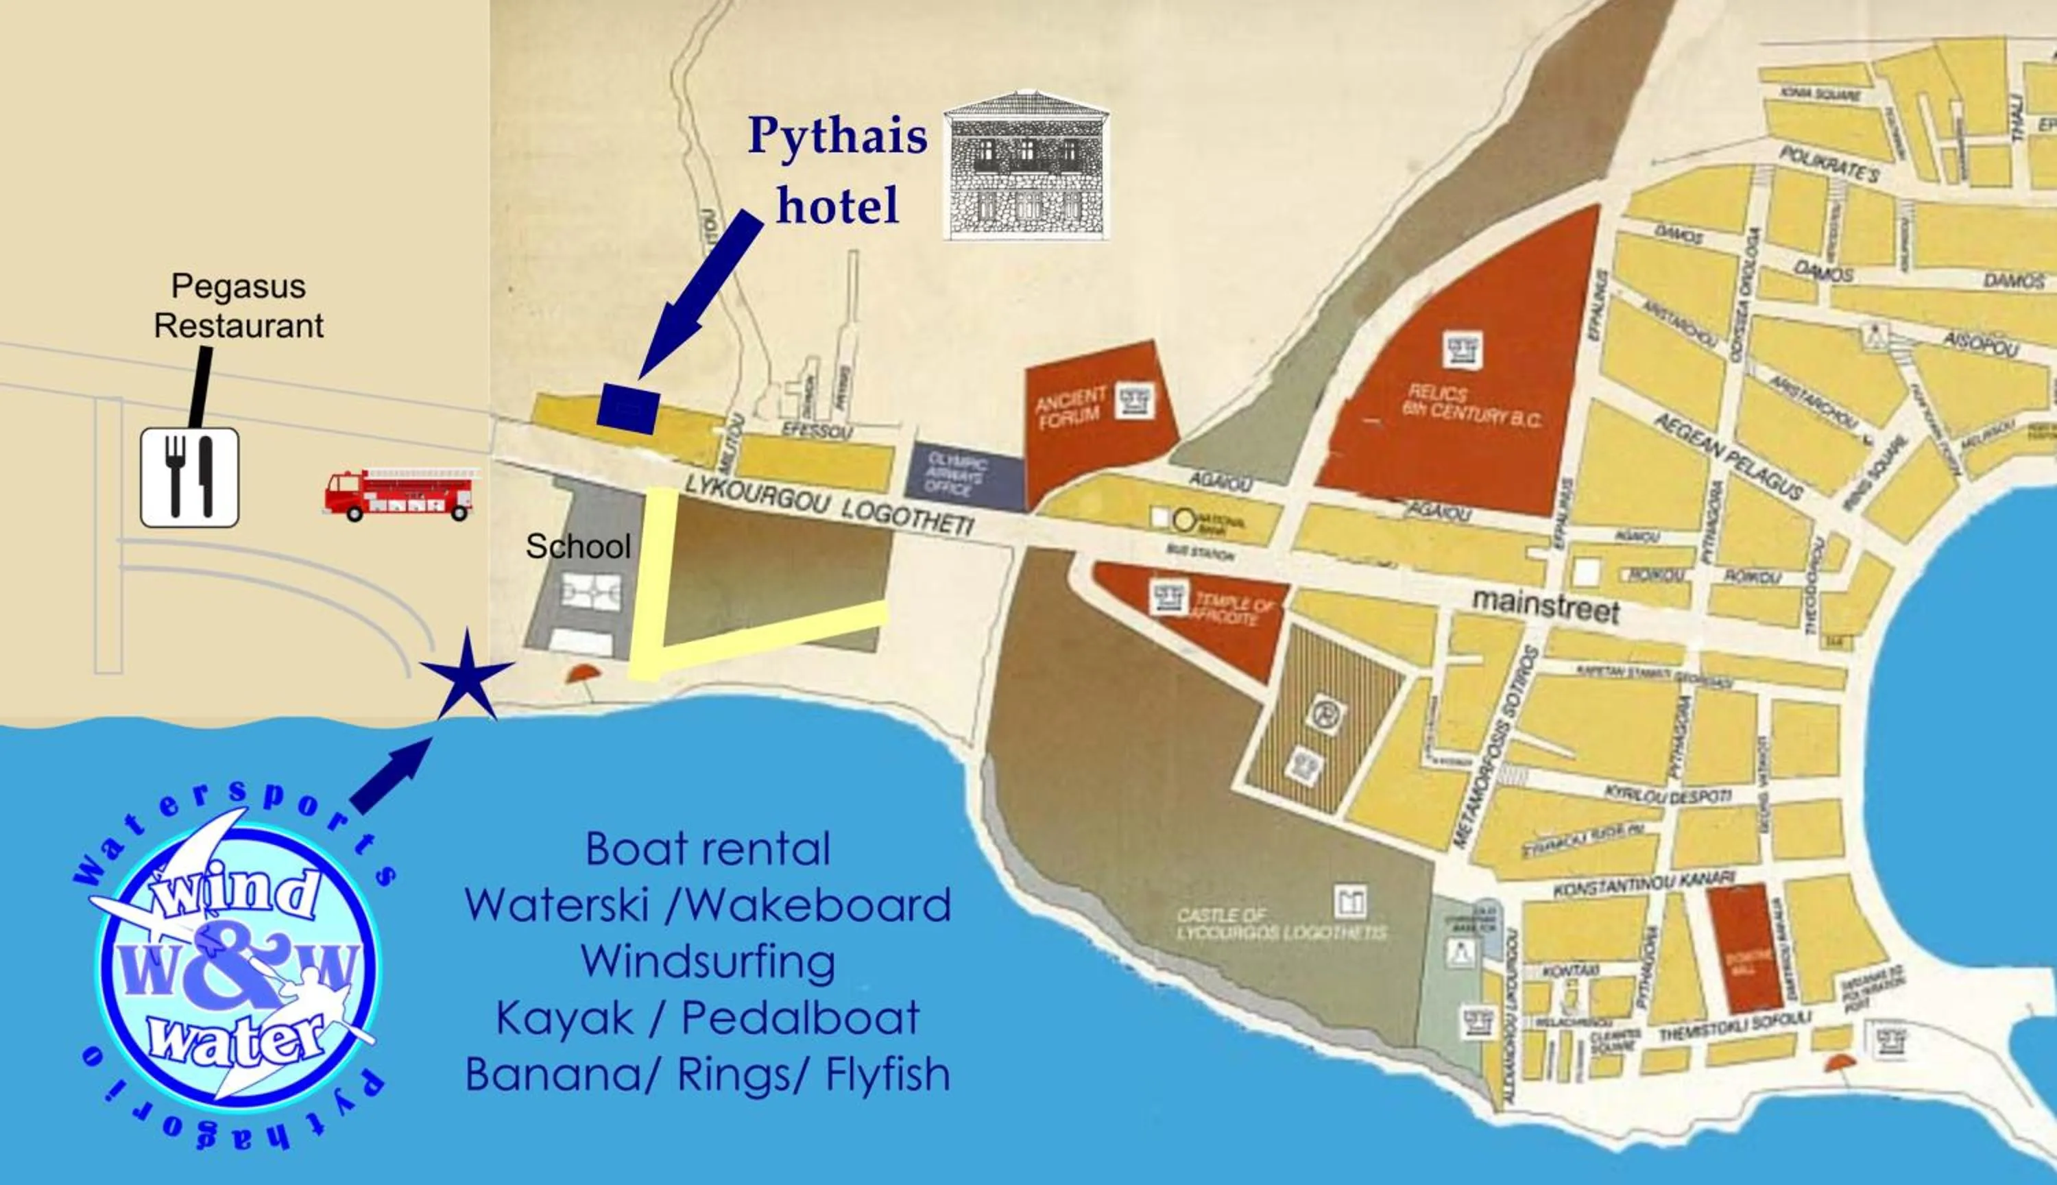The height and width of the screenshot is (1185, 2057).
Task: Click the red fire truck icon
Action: click(x=398, y=493)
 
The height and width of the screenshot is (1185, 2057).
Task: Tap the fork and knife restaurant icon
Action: click(x=190, y=478)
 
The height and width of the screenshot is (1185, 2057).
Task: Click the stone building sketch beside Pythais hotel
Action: click(x=1026, y=166)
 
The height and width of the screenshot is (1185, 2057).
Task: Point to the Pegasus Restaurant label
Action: click(x=239, y=306)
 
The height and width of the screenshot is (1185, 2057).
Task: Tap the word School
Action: click(x=578, y=546)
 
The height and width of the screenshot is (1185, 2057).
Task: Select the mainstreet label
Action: click(x=1545, y=606)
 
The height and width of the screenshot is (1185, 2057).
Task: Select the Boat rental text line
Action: click(x=707, y=849)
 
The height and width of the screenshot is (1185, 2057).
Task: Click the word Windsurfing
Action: click(x=707, y=961)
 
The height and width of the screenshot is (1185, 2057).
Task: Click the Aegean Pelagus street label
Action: click(x=1729, y=457)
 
